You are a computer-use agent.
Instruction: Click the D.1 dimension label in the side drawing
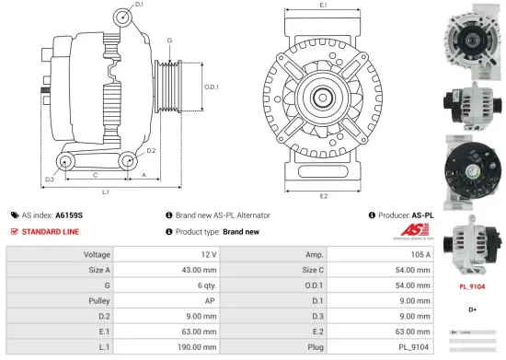(x=139, y=6)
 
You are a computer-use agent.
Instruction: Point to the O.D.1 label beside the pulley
(x=211, y=87)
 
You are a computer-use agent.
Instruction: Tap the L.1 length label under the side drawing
(x=107, y=192)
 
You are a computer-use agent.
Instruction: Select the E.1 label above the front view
(x=323, y=6)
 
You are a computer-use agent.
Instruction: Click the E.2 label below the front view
(x=323, y=195)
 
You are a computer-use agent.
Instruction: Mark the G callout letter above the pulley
(x=169, y=41)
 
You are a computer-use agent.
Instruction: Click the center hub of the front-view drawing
(x=324, y=97)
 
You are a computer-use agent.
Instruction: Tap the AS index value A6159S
(x=69, y=214)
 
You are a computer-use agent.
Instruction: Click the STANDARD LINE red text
(x=52, y=231)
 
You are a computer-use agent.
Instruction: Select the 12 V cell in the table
(x=208, y=253)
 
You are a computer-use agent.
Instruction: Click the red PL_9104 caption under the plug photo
(x=472, y=287)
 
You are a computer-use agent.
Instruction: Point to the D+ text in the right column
(x=472, y=308)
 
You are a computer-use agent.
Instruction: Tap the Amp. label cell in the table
(x=313, y=253)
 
